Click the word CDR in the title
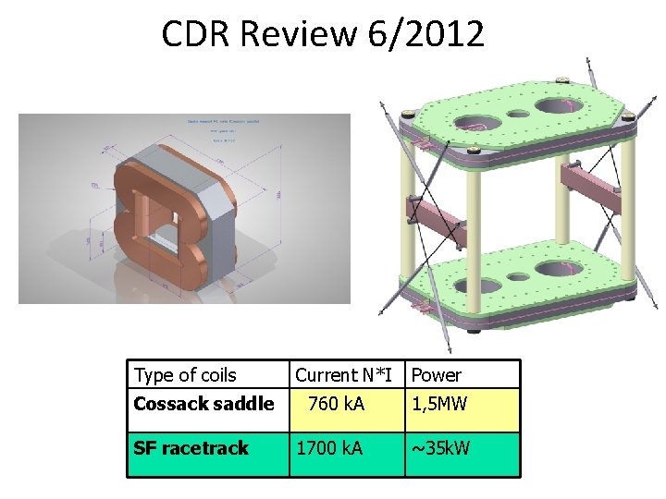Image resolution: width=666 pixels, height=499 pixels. (x=195, y=34)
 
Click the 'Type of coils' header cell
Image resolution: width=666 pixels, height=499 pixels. (x=185, y=375)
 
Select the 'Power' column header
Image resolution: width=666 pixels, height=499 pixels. (x=436, y=375)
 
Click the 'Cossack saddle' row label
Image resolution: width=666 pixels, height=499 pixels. (x=203, y=404)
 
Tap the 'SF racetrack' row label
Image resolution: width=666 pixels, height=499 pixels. (x=191, y=448)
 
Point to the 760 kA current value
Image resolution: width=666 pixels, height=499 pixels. (x=336, y=404)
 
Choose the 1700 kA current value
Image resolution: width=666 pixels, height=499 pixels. (x=329, y=448)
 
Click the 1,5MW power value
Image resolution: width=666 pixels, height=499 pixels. (x=439, y=404)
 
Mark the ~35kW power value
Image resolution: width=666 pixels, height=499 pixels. (x=440, y=448)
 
